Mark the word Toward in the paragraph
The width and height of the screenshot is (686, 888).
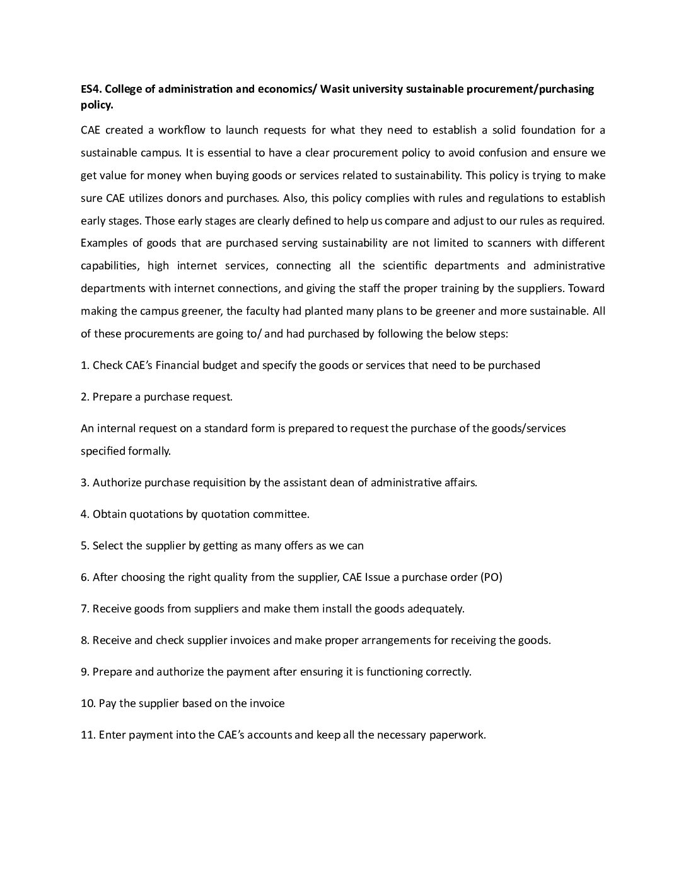coord(586,288)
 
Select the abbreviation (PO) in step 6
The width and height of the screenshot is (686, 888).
coord(491,577)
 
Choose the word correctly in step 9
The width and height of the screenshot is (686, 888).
coord(448,672)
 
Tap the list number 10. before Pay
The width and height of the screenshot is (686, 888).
coord(88,703)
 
